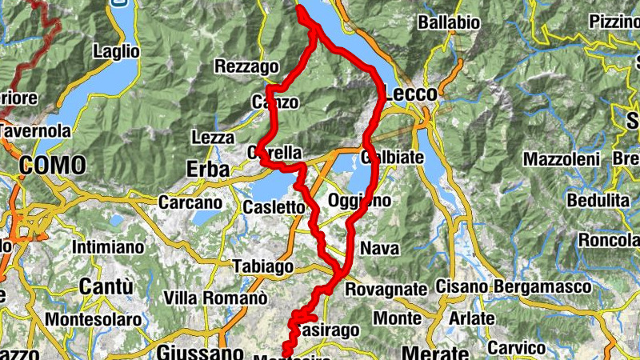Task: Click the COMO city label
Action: point(53,166)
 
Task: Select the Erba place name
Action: point(208,170)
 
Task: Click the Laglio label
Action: point(117,51)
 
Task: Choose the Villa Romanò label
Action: point(214,298)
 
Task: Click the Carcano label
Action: point(190,203)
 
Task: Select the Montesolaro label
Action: point(93,320)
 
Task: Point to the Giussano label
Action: point(200,353)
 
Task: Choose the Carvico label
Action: point(516,348)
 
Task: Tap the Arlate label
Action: point(472,318)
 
